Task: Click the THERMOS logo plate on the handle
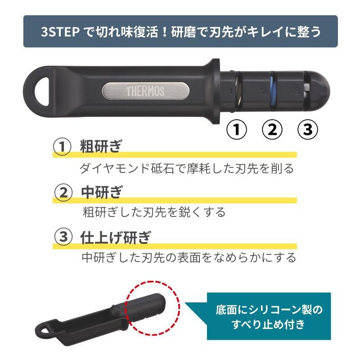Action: (x=145, y=91)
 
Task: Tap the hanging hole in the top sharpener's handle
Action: (x=42, y=91)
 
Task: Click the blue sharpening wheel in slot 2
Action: (x=272, y=91)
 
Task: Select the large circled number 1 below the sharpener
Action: (x=237, y=129)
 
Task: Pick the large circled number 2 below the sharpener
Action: (x=272, y=129)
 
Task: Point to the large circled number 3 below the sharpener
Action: (x=308, y=129)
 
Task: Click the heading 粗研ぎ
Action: (x=100, y=146)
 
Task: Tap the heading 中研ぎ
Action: (x=101, y=192)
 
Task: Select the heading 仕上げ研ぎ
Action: (x=116, y=237)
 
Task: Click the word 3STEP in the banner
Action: (x=60, y=31)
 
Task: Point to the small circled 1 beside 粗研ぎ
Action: (x=62, y=147)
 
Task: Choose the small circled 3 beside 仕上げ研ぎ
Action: (x=63, y=237)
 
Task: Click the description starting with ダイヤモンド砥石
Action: (x=187, y=168)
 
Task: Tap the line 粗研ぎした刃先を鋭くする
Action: (x=154, y=212)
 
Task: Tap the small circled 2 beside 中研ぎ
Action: (x=63, y=193)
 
